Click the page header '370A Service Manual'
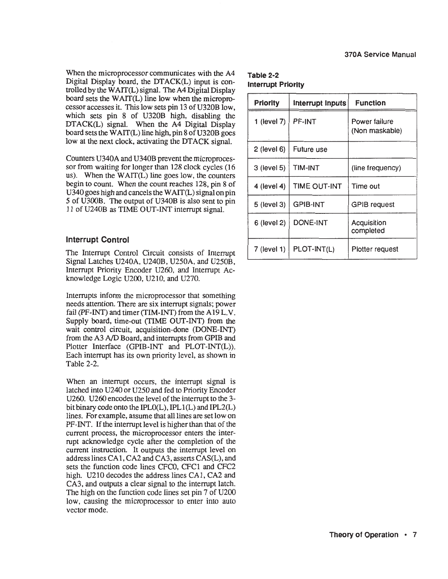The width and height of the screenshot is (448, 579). pyautogui.click(x=381, y=55)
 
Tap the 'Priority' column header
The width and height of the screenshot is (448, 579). pyautogui.click(x=267, y=103)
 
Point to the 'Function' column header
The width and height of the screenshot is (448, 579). pyautogui.click(x=370, y=103)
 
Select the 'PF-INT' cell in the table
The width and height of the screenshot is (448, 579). pyautogui.click(x=304, y=122)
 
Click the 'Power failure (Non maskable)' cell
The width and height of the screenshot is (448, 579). pyautogui.click(x=377, y=126)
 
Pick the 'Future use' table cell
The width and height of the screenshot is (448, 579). pyautogui.click(x=310, y=149)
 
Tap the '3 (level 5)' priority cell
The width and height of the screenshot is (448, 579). pyautogui.click(x=269, y=168)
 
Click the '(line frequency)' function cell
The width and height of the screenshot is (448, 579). pyautogui.click(x=376, y=168)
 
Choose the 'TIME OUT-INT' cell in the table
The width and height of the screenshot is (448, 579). pyautogui.click(x=317, y=186)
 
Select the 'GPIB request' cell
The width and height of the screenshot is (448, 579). pyautogui.click(x=373, y=205)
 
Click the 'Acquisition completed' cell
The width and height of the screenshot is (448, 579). pyautogui.click(x=368, y=227)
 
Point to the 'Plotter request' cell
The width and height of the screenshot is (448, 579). pyautogui.click(x=374, y=249)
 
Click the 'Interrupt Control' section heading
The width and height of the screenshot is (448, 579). pyautogui.click(x=97, y=240)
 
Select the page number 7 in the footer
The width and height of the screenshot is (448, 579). pyautogui.click(x=415, y=535)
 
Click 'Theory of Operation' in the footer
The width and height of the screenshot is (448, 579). pyautogui.click(x=364, y=535)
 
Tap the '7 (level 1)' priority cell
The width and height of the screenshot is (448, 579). pyautogui.click(x=269, y=249)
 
